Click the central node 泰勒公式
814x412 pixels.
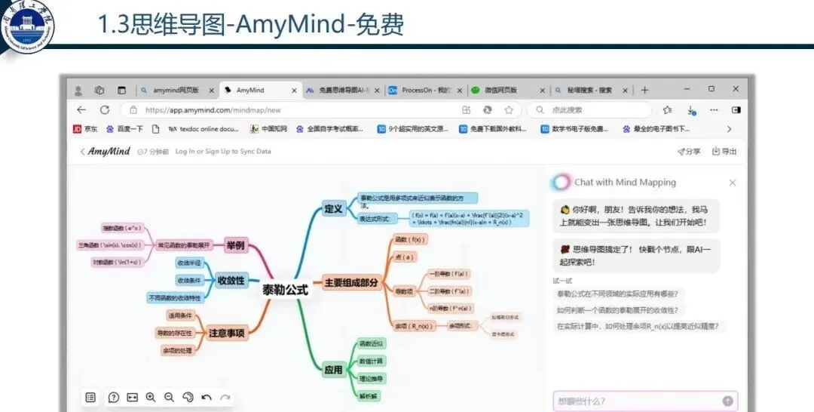point(285,289)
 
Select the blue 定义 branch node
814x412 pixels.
point(332,208)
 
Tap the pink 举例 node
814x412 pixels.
point(236,245)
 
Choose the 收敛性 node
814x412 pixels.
point(231,281)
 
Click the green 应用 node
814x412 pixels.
point(333,370)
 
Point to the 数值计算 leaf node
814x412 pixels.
point(371,361)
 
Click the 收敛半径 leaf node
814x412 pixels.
point(188,263)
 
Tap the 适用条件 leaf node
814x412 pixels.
point(180,315)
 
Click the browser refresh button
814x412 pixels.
point(105,110)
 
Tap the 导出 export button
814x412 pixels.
point(724,152)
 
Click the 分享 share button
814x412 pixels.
point(689,152)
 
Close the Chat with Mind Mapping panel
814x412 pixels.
point(732,183)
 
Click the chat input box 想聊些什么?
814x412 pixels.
point(637,401)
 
